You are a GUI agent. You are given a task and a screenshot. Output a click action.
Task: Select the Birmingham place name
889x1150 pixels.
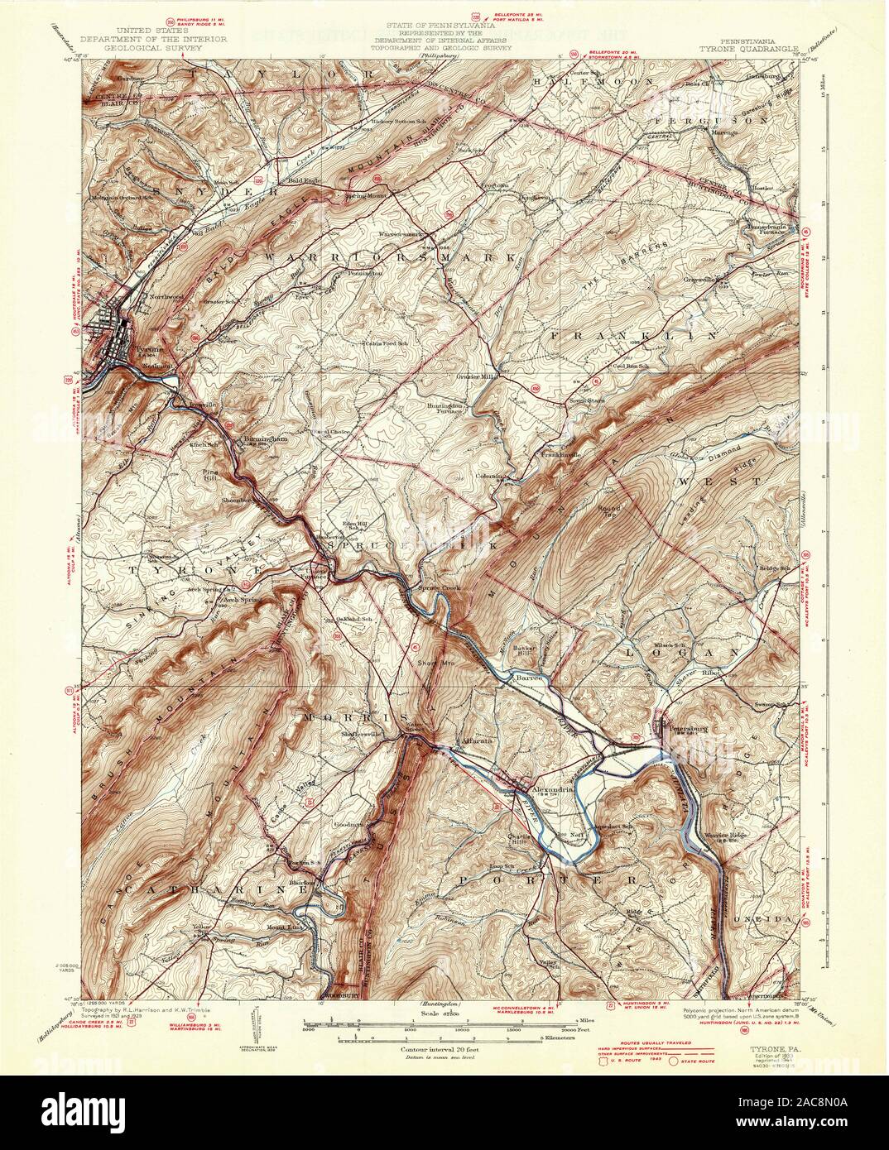click(264, 438)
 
